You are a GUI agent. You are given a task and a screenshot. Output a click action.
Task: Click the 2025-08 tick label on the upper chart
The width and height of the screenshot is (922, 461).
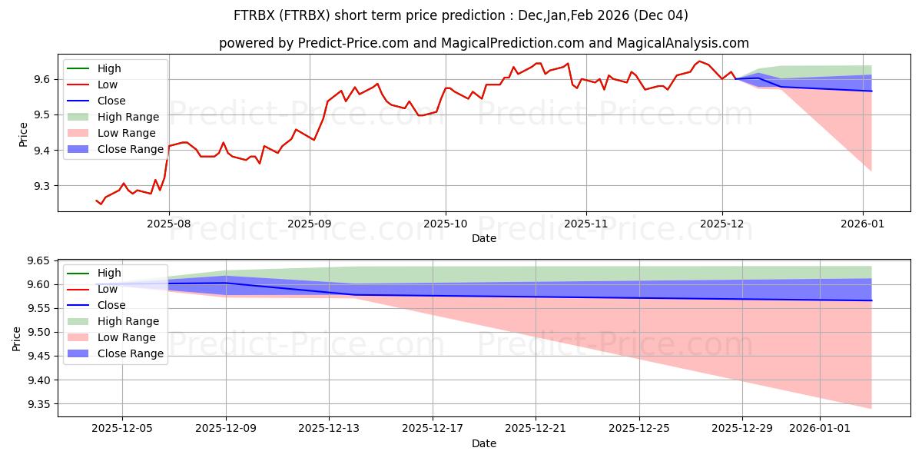[x=169, y=224]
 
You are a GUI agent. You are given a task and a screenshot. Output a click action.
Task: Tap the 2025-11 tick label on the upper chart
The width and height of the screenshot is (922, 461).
[x=586, y=224]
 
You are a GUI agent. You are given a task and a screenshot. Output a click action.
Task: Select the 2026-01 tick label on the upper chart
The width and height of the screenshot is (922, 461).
[x=863, y=224]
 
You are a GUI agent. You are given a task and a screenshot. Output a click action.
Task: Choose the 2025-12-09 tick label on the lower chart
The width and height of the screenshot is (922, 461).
[x=226, y=429]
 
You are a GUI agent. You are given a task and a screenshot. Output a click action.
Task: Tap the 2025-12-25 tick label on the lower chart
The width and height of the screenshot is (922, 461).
[x=639, y=429]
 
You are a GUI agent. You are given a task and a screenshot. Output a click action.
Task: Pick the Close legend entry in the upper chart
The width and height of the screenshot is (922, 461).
[x=111, y=101]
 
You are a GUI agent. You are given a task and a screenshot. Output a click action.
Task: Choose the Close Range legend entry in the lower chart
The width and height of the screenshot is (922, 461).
[x=130, y=353]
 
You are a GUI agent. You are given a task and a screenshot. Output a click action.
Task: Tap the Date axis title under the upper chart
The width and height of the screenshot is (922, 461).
[x=484, y=238]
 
